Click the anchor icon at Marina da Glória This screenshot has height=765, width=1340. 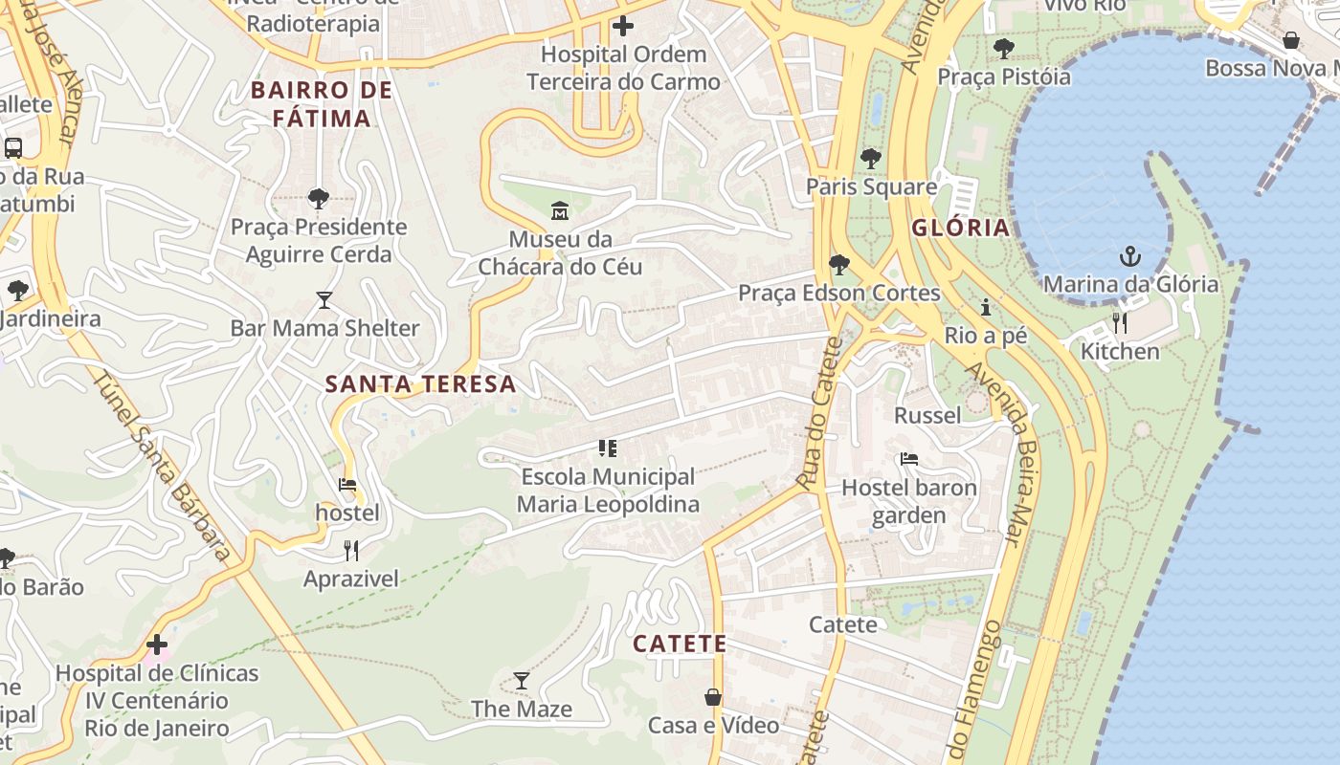(1130, 255)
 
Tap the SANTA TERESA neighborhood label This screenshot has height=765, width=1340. (420, 384)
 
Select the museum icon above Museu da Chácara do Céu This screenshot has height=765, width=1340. (560, 209)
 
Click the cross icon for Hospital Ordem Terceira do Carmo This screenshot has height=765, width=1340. (623, 26)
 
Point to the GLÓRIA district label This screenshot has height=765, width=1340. (960, 228)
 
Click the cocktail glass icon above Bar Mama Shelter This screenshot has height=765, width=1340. (324, 300)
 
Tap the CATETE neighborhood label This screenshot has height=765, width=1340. (680, 644)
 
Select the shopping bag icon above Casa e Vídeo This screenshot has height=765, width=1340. (713, 697)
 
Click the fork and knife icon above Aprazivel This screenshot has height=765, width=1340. (351, 550)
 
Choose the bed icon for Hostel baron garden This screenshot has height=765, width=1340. (909, 459)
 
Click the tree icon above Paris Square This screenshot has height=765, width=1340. (870, 158)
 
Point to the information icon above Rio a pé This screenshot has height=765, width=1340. (986, 307)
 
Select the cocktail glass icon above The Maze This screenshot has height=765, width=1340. (522, 681)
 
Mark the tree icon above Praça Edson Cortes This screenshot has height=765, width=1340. (839, 264)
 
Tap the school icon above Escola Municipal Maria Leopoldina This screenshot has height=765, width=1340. (608, 448)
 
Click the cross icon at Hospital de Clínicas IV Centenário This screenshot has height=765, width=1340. (157, 645)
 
